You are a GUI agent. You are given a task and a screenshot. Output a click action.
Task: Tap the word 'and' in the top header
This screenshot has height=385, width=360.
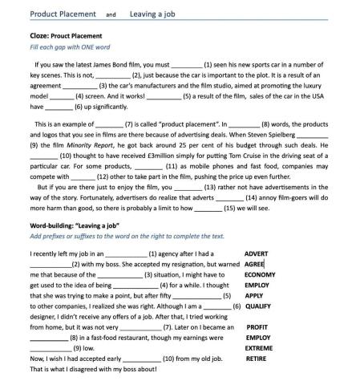point(111,14)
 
